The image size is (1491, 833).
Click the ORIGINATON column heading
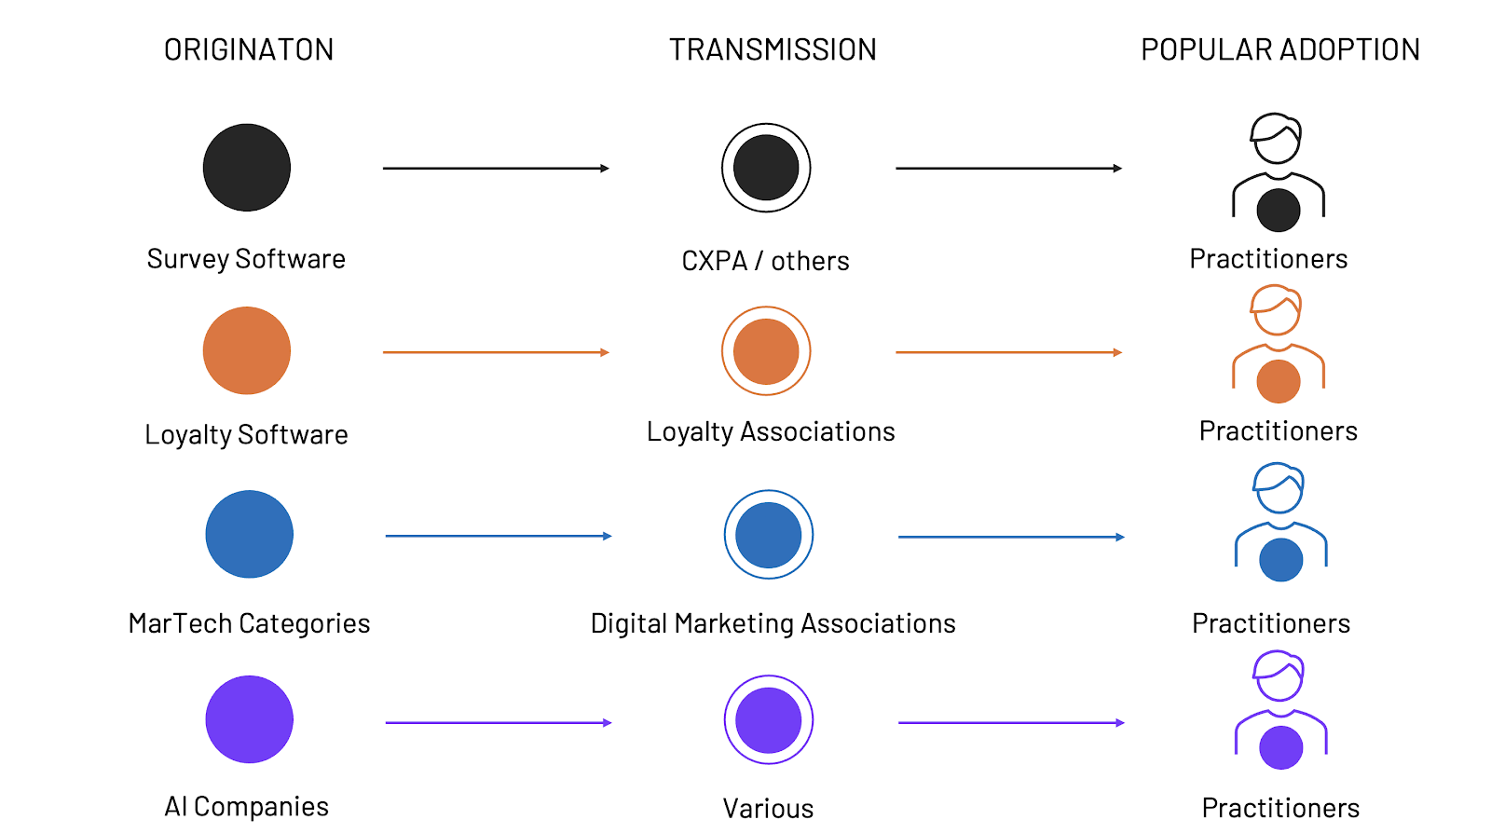249,49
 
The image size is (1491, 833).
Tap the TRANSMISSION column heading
773,49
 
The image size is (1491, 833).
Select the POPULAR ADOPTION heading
1279,49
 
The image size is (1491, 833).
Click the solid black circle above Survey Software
247,168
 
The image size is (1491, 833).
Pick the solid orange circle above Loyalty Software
247,350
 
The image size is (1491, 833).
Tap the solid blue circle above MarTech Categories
249,534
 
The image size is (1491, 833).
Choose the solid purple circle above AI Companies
249,719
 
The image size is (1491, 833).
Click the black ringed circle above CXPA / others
766,168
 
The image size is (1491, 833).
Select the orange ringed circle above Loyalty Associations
766,351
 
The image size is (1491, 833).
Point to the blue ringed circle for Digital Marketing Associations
769,535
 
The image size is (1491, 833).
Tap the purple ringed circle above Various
769,719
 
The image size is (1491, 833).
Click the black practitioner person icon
1279,173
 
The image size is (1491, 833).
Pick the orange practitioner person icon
1279,345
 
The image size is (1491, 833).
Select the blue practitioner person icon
1281,524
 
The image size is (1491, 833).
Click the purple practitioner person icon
1281,710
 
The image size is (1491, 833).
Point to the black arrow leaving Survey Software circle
496,169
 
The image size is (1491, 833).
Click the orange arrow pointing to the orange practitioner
1008,352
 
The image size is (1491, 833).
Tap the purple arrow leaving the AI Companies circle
499,723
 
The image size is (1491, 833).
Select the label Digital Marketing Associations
773,623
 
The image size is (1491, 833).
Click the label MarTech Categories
249,623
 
